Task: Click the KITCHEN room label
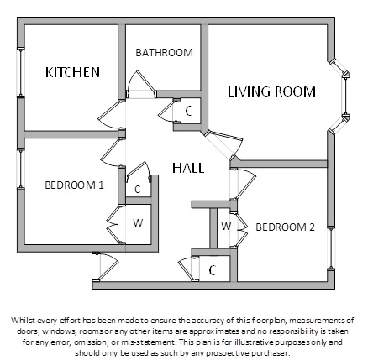[x=72, y=72]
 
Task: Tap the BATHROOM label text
[x=164, y=53]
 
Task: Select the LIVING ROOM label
[x=271, y=91]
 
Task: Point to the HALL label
[x=188, y=168]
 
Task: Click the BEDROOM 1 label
[x=74, y=185]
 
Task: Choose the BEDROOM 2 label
[x=285, y=227]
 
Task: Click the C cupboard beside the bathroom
[x=189, y=112]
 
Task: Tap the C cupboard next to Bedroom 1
[x=137, y=190]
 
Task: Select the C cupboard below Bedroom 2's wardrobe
[x=213, y=270]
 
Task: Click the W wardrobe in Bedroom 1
[x=138, y=223]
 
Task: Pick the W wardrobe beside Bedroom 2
[x=226, y=226]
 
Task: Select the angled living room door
[x=223, y=145]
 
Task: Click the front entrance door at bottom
[x=104, y=266]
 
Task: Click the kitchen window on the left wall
[x=21, y=73]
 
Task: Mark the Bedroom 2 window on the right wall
[x=331, y=248]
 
